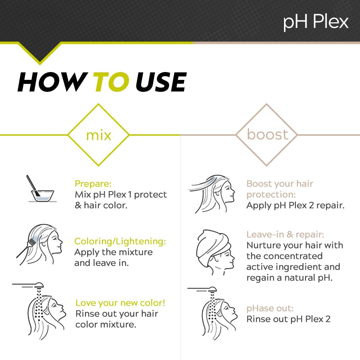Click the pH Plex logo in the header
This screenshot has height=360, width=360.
316,22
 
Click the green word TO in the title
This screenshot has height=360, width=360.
111,82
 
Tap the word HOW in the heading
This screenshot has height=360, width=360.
52,82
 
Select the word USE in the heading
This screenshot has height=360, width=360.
161,82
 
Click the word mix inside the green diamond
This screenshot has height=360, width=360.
99,135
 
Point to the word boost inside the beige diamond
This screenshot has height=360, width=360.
267,134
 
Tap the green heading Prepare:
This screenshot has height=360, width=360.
93,184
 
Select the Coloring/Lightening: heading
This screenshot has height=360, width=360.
120,242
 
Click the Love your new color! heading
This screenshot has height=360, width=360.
120,303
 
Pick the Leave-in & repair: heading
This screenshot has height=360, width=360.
285,234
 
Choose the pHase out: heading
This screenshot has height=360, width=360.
270,309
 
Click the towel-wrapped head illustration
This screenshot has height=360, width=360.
215,252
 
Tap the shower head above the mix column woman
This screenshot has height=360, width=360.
29,285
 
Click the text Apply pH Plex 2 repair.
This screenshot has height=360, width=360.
296,205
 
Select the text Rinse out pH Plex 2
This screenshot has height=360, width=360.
288,319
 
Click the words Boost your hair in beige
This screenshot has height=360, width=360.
280,184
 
